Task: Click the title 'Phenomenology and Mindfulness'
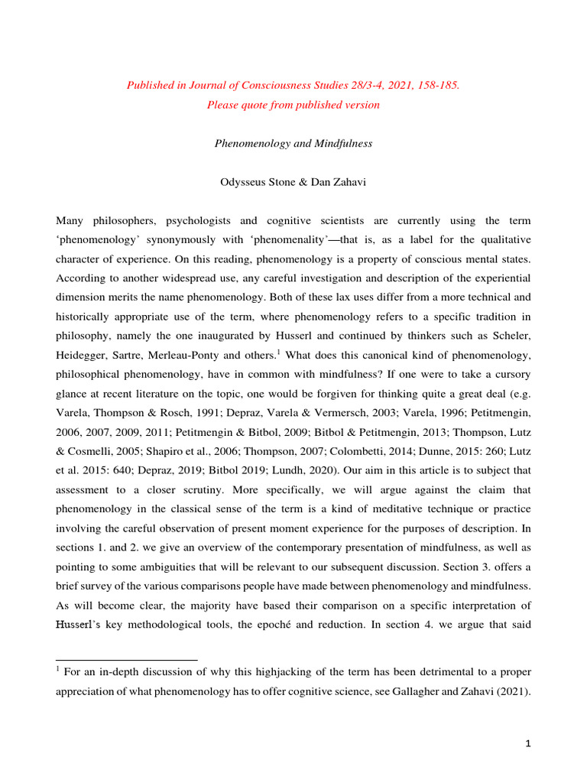click(x=293, y=145)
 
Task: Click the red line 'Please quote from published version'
click(x=293, y=105)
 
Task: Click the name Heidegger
click(x=86, y=355)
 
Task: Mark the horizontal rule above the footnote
click(x=127, y=659)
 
